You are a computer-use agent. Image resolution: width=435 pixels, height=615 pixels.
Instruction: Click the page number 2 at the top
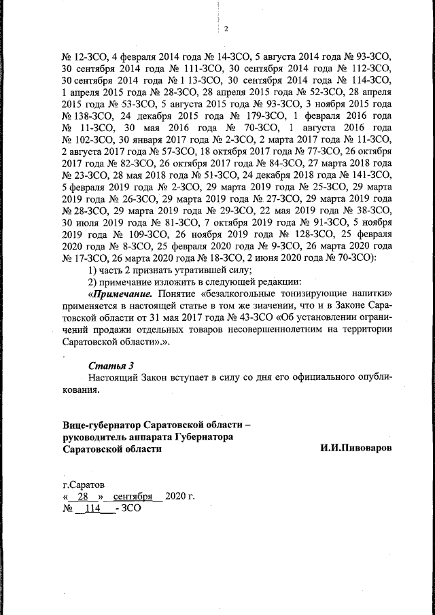pyautogui.click(x=225, y=29)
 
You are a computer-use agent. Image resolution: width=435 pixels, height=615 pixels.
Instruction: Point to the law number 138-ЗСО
pyautogui.click(x=82, y=116)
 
